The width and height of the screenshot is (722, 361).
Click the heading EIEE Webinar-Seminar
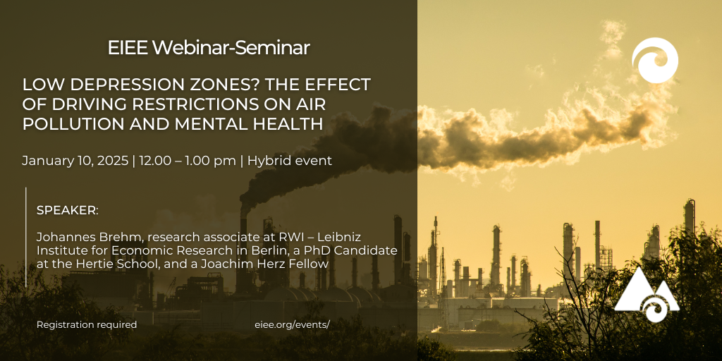pyautogui.click(x=209, y=48)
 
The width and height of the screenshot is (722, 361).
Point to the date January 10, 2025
pyautogui.click(x=75, y=161)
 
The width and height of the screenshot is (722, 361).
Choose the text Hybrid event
pyautogui.click(x=290, y=161)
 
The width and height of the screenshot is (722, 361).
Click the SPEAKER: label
pyautogui.click(x=67, y=211)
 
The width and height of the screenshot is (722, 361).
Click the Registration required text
pyautogui.click(x=87, y=324)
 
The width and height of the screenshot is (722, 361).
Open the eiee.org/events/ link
pyautogui.click(x=293, y=324)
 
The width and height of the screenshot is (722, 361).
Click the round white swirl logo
pyautogui.click(x=655, y=61)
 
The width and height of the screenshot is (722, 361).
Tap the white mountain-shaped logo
pyautogui.click(x=647, y=295)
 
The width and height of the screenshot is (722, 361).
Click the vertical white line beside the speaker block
pyautogui.click(x=26, y=237)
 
